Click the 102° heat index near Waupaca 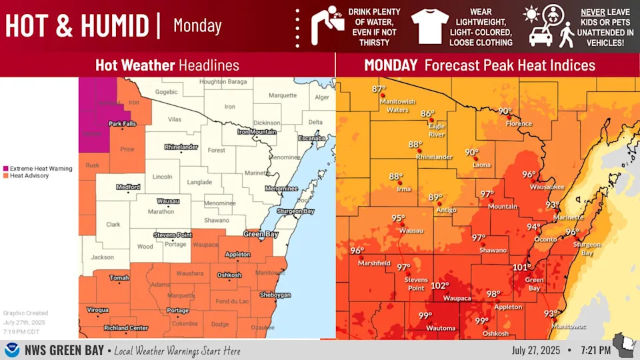[x=440, y=286]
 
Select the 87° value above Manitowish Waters [x=379, y=89]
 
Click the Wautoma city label [x=441, y=328]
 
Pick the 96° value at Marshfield [x=357, y=251]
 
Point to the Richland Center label [x=126, y=328]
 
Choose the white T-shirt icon [x=429, y=26]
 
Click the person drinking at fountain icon [x=327, y=26]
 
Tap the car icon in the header [x=541, y=36]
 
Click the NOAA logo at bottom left [x=12, y=350]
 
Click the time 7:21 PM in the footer [x=595, y=350]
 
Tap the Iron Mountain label [x=257, y=132]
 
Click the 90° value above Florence [x=505, y=111]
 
